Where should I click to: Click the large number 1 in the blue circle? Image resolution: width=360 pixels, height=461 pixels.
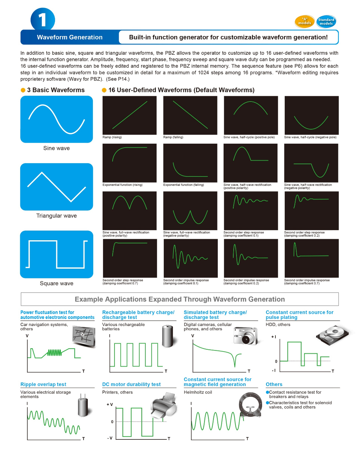coord(42,20)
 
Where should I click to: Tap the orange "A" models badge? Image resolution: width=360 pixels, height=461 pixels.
coord(305,22)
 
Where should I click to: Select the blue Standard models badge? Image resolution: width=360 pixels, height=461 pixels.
coord(326,22)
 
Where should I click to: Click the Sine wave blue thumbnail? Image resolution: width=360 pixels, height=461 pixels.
coord(57,119)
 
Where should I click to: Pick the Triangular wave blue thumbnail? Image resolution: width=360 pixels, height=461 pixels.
coord(57,187)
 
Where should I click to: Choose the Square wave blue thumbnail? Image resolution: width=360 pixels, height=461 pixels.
coord(57,254)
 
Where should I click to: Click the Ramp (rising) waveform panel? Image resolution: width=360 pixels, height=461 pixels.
coord(130,115)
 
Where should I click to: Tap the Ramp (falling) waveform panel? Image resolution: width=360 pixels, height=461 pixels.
coord(190,115)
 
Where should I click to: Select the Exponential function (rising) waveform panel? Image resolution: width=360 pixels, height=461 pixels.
coord(130,163)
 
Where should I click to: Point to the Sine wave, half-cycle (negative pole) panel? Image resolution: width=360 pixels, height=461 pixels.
coord(311,115)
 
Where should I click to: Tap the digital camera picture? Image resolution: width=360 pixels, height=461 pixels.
coord(246,336)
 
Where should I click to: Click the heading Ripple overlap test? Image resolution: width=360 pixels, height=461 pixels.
coord(43,384)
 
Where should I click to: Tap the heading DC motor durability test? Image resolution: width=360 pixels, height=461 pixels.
coord(131,384)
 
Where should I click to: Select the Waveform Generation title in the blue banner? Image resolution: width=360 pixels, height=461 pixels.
coord(69,37)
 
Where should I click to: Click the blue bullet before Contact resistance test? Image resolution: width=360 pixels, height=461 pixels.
coord(267,392)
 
